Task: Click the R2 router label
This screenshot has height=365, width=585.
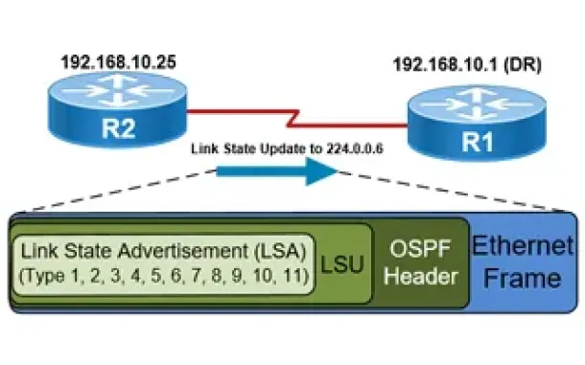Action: pyautogui.click(x=118, y=128)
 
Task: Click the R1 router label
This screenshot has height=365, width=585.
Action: pyautogui.click(x=478, y=142)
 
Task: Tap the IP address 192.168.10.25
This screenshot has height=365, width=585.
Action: pyautogui.click(x=118, y=62)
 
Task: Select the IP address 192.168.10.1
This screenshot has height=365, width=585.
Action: pyautogui.click(x=446, y=64)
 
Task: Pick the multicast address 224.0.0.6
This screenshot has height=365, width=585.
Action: pyautogui.click(x=355, y=148)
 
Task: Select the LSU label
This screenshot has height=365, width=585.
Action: pyautogui.click(x=342, y=264)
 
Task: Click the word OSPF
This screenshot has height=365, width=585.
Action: pyautogui.click(x=420, y=249)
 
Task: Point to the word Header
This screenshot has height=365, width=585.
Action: pyautogui.click(x=421, y=277)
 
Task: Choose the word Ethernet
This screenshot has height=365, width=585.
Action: pyautogui.click(x=523, y=245)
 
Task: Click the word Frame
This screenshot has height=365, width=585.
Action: pyautogui.click(x=523, y=278)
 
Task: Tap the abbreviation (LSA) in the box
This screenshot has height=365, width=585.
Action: pyautogui.click(x=280, y=251)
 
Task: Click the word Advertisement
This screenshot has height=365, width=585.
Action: pyautogui.click(x=183, y=250)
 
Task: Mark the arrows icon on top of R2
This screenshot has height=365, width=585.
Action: pyautogui.click(x=118, y=90)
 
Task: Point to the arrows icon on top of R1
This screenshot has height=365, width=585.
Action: pyautogui.click(x=478, y=104)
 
